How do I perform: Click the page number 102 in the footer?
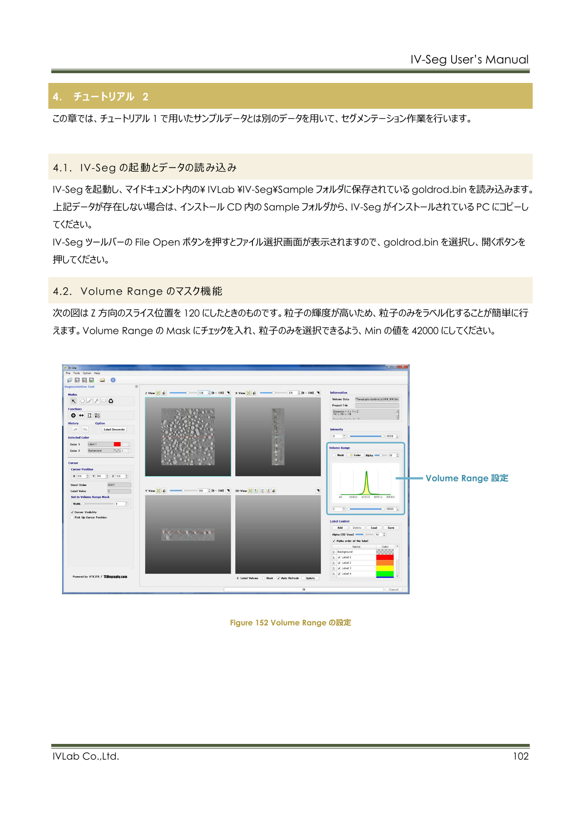[520, 756]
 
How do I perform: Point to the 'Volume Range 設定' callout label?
[467, 478]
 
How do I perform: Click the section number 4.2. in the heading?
[62, 291]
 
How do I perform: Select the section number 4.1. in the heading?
[62, 168]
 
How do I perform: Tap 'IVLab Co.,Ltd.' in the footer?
[86, 756]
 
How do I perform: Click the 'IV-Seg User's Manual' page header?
[469, 60]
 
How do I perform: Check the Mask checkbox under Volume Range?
[334, 455]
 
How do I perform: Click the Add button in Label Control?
[340, 527]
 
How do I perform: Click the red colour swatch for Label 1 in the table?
[385, 557]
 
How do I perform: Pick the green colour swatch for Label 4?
[385, 574]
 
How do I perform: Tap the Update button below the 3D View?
[310, 578]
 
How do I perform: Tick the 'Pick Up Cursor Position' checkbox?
[72, 517]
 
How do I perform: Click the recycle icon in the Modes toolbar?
[111, 401]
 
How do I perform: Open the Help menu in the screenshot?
[97, 373]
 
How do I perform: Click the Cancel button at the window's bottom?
[394, 589]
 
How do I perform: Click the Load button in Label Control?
[374, 527]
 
